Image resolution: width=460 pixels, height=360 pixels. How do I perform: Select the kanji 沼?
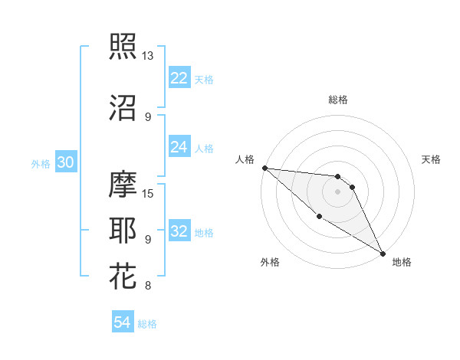123,107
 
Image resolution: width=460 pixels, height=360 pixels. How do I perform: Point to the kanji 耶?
123,230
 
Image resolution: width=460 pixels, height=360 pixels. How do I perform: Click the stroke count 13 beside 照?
147,56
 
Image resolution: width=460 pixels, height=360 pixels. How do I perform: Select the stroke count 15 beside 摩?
149,193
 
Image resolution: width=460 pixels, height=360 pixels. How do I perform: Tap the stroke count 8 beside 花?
147,286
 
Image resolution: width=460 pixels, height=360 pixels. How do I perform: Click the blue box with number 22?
179,78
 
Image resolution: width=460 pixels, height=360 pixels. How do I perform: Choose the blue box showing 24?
179,147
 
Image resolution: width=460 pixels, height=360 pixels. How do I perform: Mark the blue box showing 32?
179,231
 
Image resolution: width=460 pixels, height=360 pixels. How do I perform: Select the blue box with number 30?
65,162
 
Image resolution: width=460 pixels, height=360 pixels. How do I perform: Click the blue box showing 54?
123,322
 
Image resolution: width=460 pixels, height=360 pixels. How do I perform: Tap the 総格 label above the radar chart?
337,100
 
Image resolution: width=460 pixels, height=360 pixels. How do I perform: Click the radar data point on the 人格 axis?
264,168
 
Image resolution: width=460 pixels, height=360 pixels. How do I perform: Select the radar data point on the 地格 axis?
382,253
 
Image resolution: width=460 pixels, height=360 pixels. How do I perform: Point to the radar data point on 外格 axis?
319,216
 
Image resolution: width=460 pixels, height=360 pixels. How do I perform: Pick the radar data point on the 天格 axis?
352,187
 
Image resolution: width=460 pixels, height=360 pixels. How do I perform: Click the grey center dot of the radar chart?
337,191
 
